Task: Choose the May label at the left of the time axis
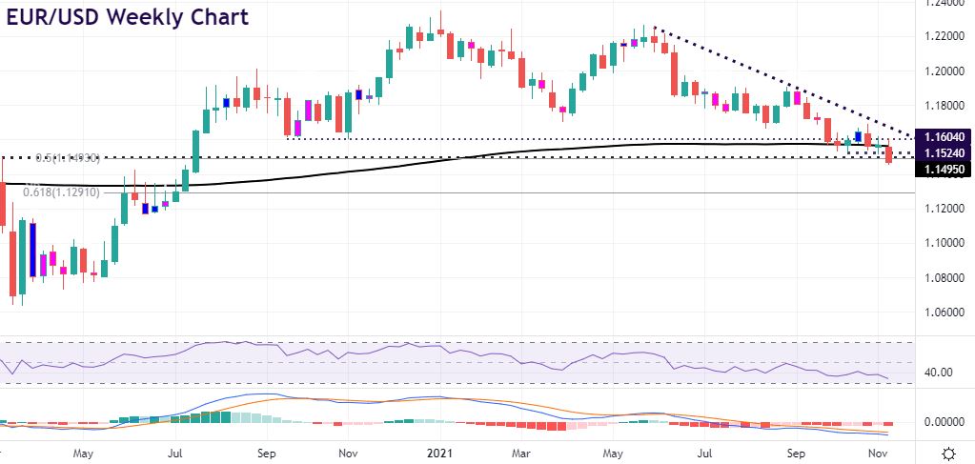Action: [x=83, y=453]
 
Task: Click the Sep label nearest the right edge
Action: [x=798, y=453]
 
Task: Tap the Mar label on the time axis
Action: [x=520, y=453]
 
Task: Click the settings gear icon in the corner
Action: [x=949, y=453]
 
